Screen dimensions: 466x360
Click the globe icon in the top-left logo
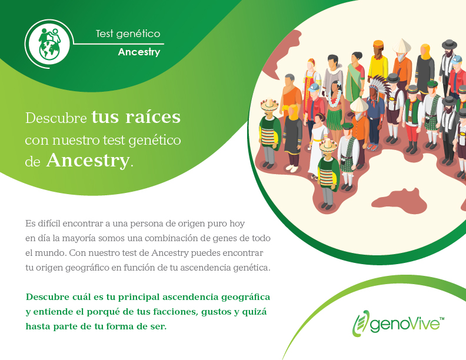pyautogui.click(x=49, y=49)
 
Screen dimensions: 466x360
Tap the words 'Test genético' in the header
pyautogui.click(x=128, y=34)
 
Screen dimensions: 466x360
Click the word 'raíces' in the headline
pyautogui.click(x=153, y=116)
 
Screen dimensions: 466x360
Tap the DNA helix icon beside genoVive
pyautogui.click(x=360, y=323)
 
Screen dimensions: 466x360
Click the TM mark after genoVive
pyautogui.click(x=442, y=319)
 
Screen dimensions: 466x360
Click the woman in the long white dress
pyautogui.click(x=317, y=146)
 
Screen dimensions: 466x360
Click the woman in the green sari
pyautogui.click(x=355, y=78)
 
